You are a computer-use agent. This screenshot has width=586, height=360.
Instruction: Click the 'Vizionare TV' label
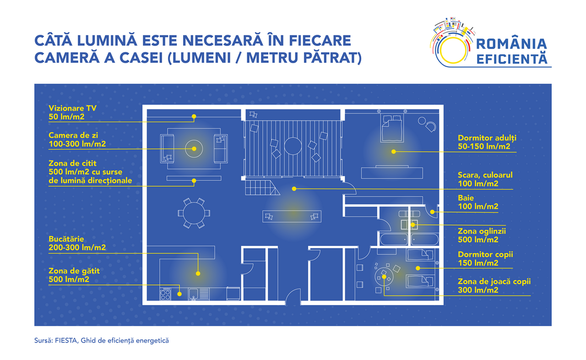72,108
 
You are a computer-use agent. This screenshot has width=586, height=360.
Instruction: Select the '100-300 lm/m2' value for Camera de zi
77,144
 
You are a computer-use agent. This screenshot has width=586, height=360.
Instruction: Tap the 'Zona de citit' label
72,163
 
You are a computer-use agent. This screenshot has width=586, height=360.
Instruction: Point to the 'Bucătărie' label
66,239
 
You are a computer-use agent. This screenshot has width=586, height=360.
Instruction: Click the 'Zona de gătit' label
74,271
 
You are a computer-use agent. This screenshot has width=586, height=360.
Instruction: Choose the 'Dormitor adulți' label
487,138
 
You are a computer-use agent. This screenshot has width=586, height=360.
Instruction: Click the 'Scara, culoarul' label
485,175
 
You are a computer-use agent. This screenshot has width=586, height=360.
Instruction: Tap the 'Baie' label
466,198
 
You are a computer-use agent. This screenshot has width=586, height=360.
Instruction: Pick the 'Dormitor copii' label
485,254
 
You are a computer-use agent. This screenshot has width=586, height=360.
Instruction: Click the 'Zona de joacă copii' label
494,282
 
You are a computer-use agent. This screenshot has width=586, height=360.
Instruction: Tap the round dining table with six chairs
194,213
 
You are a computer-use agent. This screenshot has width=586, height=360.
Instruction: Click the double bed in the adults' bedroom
392,128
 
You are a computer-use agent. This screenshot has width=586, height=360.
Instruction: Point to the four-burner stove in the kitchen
165,294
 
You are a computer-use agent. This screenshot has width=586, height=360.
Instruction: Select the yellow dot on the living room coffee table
194,148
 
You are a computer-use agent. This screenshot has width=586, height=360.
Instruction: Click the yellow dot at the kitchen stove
179,294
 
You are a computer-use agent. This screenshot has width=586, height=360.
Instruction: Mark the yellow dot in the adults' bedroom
393,152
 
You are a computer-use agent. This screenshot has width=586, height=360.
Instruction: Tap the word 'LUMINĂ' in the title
107,40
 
